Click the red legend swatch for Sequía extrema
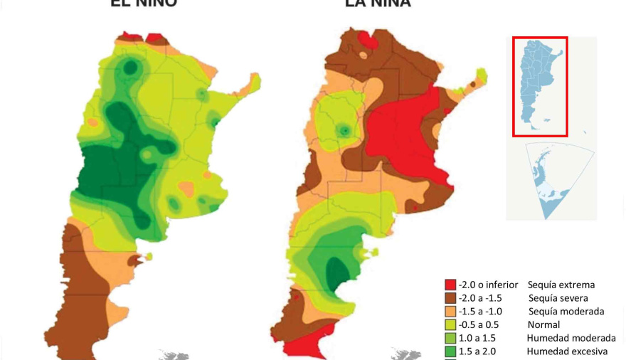point(450,285)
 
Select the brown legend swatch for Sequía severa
point(450,298)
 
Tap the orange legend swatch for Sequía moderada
point(450,312)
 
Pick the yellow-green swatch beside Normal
point(450,324)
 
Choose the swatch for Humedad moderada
point(450,338)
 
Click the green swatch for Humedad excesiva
point(450,351)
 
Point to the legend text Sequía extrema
point(566,285)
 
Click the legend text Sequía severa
point(558,298)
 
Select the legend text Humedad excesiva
point(566,351)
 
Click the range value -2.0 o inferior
point(488,285)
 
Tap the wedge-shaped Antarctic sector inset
point(556,178)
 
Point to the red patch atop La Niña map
point(368,38)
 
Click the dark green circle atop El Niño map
point(130,68)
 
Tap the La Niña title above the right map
point(377,3)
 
